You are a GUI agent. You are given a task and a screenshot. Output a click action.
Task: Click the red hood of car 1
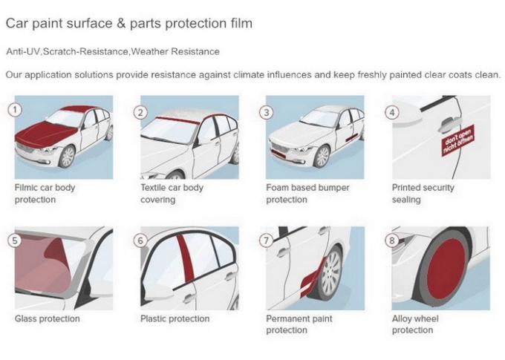tap(46, 134)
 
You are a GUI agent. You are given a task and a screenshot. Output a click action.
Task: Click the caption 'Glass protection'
tap(48, 319)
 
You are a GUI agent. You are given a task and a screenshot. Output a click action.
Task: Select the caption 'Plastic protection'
tap(175, 319)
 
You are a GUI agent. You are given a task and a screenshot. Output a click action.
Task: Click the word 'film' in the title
tap(240, 24)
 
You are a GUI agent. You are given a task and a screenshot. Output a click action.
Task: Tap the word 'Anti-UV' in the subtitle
tap(23, 51)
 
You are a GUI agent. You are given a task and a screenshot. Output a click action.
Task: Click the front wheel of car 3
tap(322, 157)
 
